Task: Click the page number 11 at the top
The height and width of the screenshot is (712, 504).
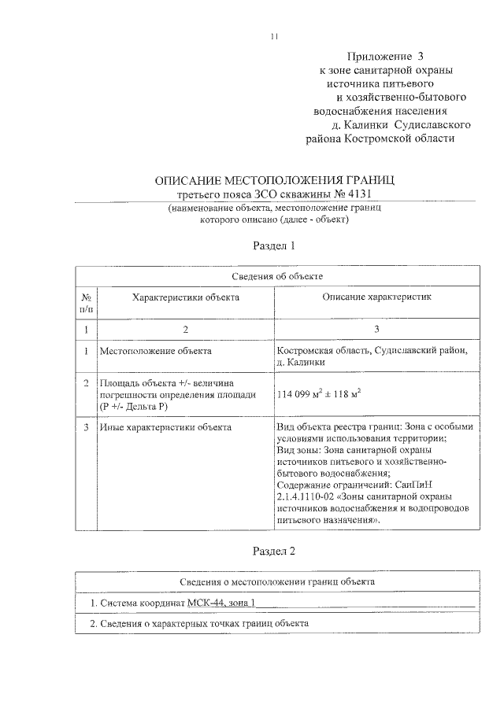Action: point(273,35)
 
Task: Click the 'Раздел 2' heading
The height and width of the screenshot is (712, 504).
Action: point(273,551)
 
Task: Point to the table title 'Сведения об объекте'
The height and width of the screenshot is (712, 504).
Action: point(276,276)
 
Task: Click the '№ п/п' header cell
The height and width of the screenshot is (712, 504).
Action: point(87,304)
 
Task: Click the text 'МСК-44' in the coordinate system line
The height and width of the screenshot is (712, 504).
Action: point(204,603)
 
